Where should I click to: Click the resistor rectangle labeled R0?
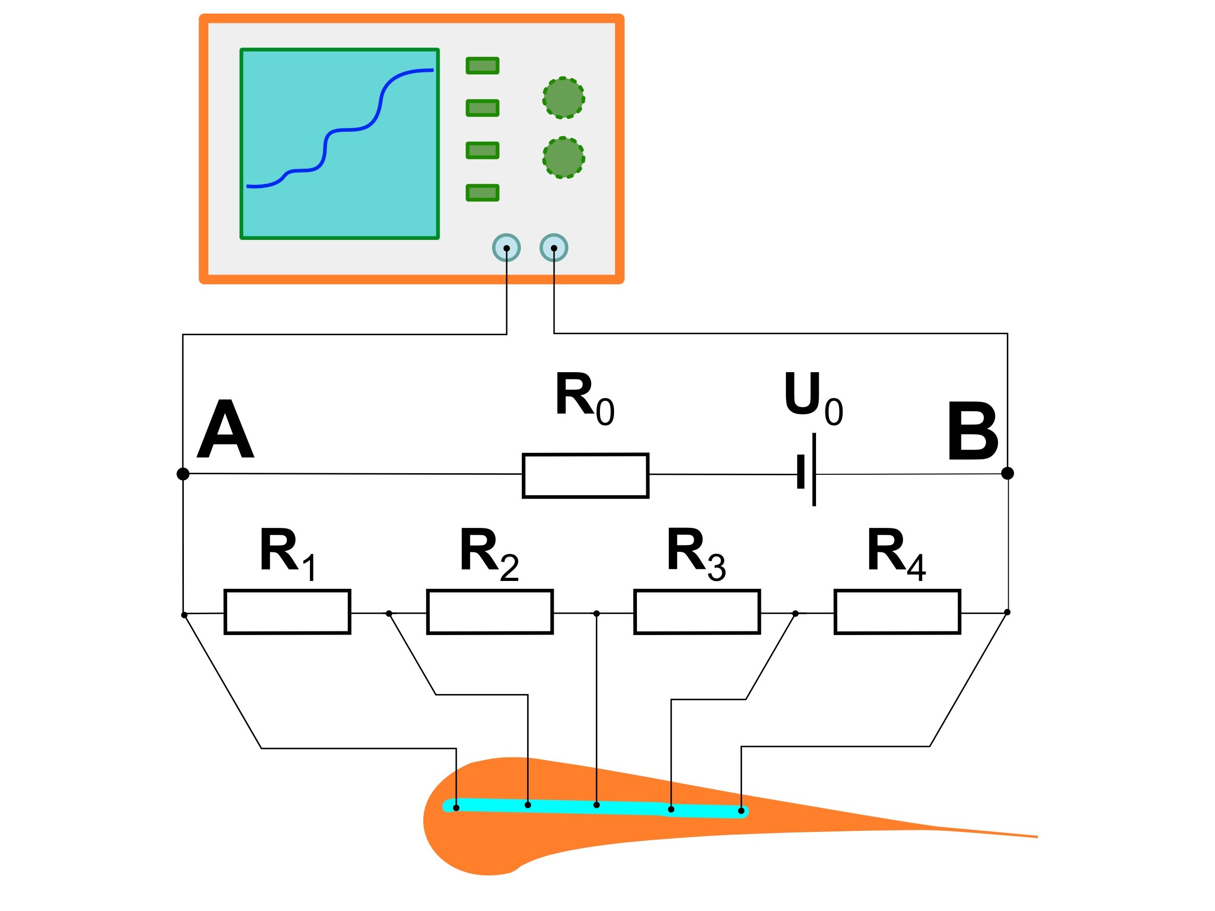coord(585,476)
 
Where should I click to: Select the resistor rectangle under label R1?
coord(287,612)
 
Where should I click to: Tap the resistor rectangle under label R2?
coord(490,612)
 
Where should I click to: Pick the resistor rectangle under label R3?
coord(696,612)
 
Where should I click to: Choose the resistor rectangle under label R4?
coord(897,612)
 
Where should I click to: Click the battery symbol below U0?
coord(808,471)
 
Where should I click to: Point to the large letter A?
coord(225,429)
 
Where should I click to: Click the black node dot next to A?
coord(183,473)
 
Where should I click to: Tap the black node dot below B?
coord(1007,473)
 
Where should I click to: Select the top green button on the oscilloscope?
coord(482,66)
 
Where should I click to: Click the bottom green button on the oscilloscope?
coord(482,193)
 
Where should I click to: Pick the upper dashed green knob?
coord(563,98)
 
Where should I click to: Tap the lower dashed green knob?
coord(563,158)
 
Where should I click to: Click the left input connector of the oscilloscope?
coord(506,248)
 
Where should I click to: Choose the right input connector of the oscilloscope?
coord(554,248)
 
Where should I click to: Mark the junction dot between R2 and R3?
coord(596,613)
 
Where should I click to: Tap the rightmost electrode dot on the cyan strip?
coord(741,811)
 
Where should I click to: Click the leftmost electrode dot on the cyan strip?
coord(456,808)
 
